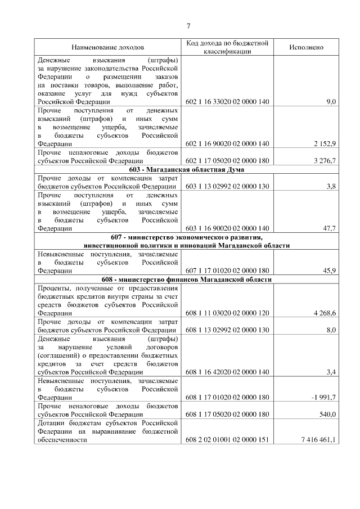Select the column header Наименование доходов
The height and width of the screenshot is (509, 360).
[x=107, y=48]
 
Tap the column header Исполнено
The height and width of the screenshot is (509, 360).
[x=306, y=48]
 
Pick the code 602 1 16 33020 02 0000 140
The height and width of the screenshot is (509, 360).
[x=227, y=102]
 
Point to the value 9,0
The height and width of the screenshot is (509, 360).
[x=331, y=102]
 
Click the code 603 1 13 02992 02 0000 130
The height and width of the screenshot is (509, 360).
[x=227, y=186]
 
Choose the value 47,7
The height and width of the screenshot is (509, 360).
[x=328, y=228]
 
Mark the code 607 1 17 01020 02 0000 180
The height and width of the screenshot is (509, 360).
[x=227, y=271]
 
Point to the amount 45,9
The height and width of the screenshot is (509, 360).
[x=328, y=271]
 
